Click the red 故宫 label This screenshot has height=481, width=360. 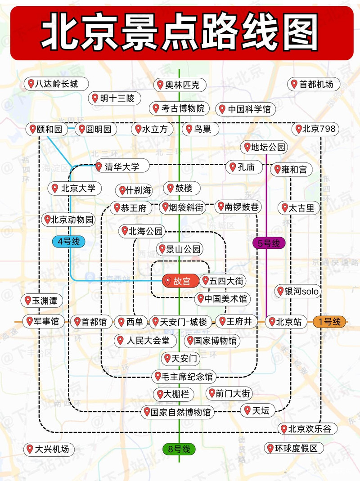[x=180, y=282]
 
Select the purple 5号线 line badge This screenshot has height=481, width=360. [x=269, y=243]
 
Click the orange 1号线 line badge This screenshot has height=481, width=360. [x=332, y=322]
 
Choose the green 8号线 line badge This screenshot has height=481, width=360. [x=179, y=449]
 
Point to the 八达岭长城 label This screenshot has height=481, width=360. [x=56, y=84]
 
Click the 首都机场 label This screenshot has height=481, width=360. [x=314, y=84]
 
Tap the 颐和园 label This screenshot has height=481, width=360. [x=46, y=129]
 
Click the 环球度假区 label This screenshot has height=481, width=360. [x=294, y=449]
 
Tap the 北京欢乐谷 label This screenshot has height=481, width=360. [x=307, y=429]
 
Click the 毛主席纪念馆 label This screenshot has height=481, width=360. [x=184, y=376]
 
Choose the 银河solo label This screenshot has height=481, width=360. [x=298, y=292]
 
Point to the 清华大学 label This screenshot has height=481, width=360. [x=118, y=166]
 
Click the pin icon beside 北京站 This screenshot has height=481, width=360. [x=272, y=322]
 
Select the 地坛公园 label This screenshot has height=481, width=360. [x=265, y=147]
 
